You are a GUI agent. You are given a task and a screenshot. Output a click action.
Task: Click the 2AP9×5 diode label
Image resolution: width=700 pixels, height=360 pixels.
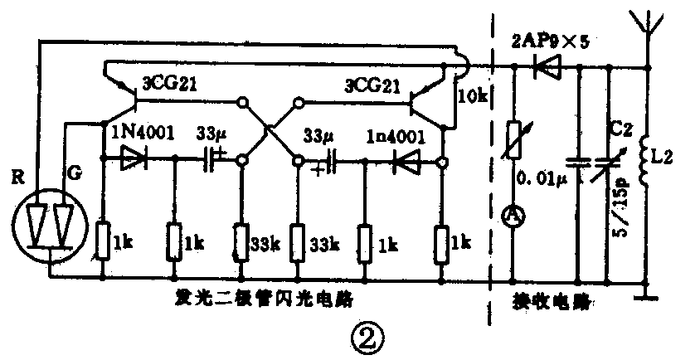tap(552, 39)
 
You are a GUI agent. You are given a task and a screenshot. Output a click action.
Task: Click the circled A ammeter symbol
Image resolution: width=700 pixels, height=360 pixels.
tap(513, 216)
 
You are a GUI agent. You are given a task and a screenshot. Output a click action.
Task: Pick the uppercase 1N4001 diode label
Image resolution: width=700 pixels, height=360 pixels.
tap(139, 132)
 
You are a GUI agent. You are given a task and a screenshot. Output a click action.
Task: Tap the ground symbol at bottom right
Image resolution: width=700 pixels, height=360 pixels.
tap(645, 291)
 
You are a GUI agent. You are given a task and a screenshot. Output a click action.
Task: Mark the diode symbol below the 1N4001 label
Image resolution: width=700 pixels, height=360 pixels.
tap(133, 158)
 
